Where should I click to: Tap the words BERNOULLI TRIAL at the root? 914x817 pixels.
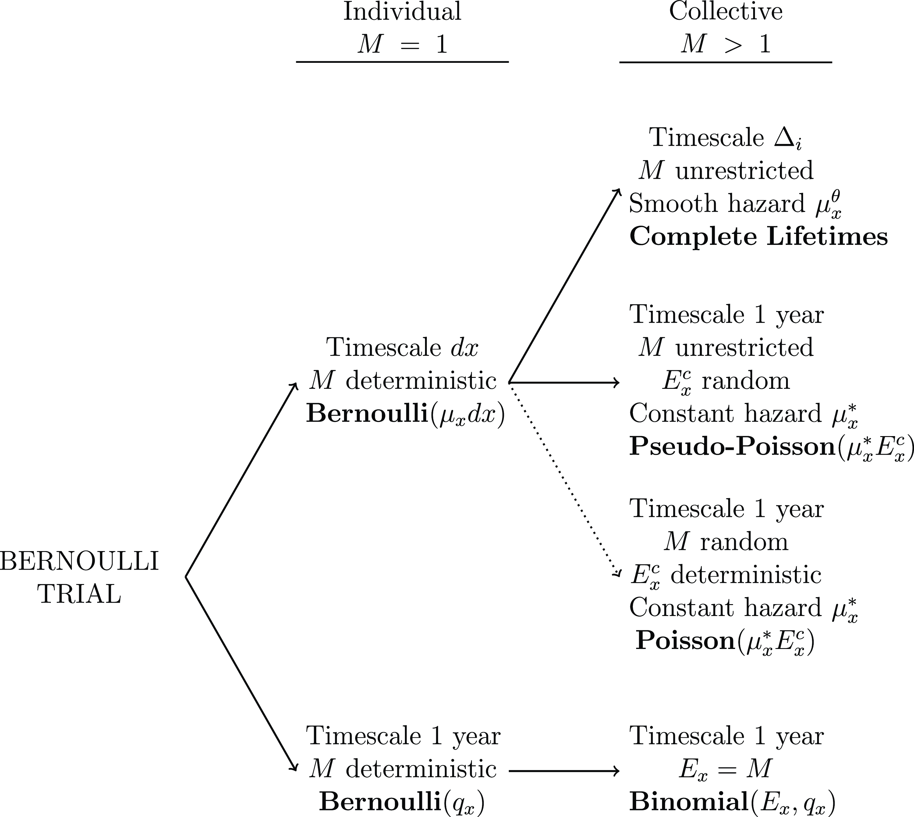click(80, 578)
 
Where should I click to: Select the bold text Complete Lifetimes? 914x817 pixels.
click(758, 237)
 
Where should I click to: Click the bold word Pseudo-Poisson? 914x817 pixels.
click(732, 447)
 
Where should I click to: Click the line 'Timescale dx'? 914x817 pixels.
click(402, 347)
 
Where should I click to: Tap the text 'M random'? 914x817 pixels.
click(726, 542)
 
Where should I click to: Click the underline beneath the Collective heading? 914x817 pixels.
click(726, 62)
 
